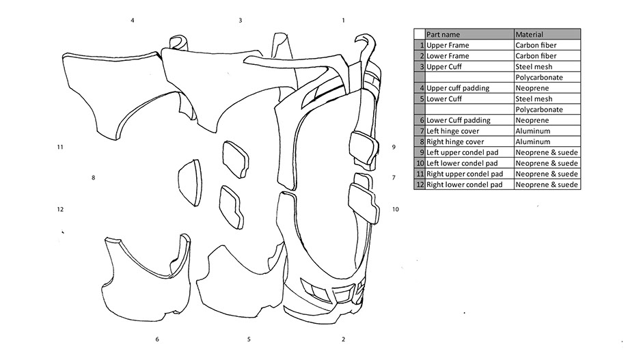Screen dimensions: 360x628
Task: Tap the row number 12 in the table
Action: (x=420, y=185)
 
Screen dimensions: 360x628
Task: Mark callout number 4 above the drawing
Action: (x=133, y=20)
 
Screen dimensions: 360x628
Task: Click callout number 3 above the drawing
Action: (x=241, y=20)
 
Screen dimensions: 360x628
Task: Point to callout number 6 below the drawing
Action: (x=157, y=340)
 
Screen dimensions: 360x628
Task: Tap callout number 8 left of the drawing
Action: (x=93, y=178)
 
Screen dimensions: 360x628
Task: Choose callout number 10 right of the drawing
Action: (x=395, y=210)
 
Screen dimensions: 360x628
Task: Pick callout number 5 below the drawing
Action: (x=249, y=340)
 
